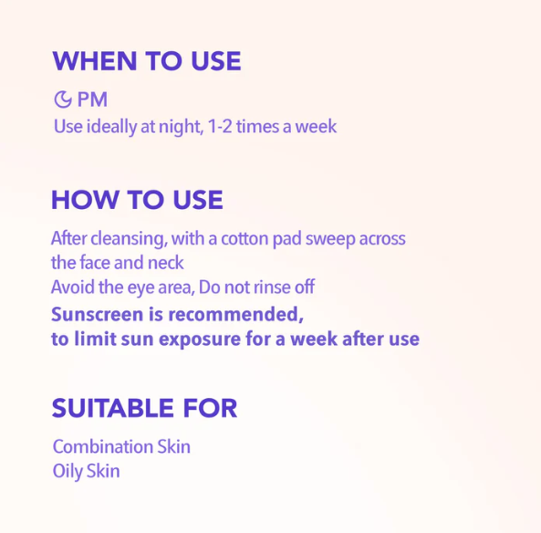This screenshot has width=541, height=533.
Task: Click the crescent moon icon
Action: click(63, 99)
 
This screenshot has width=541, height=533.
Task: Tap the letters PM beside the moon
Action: click(92, 99)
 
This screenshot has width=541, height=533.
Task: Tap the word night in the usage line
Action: click(179, 127)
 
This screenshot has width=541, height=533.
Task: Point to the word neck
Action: click(167, 263)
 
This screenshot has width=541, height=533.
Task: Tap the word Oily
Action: click(67, 472)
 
